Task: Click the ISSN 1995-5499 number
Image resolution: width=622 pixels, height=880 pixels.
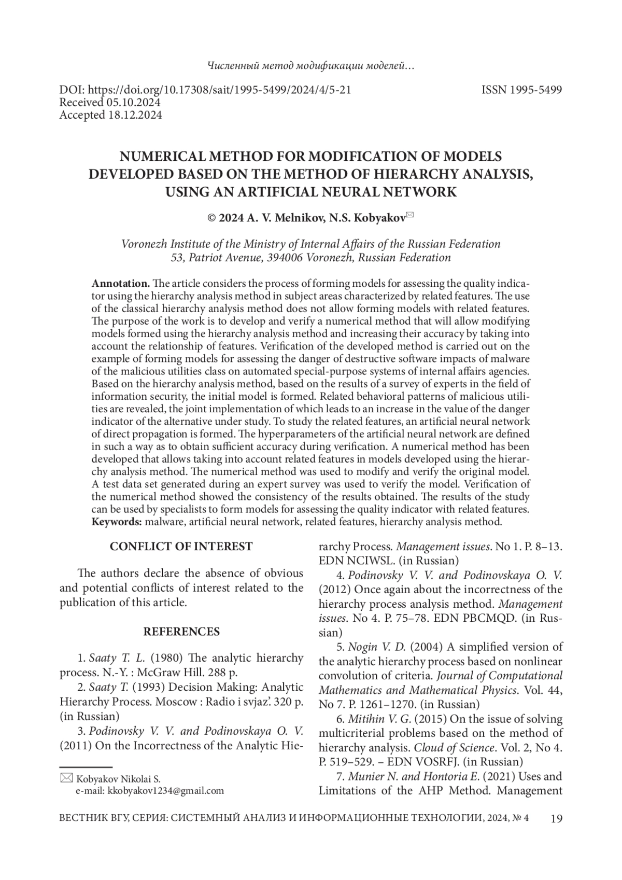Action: pos(521,90)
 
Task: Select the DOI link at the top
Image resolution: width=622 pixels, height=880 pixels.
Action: pos(206,90)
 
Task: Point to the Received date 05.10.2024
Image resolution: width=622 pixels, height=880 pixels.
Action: pos(133,102)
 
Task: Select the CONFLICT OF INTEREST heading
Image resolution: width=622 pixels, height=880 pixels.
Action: pos(181,546)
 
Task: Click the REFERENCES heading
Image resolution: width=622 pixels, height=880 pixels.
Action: pos(181,632)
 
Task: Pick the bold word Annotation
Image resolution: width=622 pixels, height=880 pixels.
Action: pos(121,284)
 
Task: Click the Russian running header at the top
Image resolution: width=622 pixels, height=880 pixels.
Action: pos(310,66)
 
